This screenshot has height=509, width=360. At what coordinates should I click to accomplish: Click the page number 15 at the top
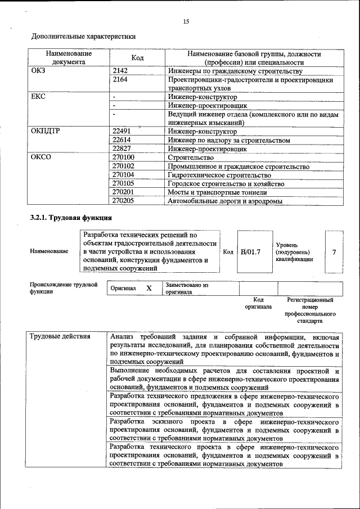186,21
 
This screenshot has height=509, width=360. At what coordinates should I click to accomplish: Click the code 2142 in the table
120,71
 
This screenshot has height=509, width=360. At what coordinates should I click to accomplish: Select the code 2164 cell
120,80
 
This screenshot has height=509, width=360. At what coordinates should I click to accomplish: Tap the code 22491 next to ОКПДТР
122,131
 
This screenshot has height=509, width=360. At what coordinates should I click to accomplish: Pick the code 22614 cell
122,140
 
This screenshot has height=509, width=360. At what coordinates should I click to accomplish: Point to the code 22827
122,149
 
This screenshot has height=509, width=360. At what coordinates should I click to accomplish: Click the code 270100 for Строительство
124,158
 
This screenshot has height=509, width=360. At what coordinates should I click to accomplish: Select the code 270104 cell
124,175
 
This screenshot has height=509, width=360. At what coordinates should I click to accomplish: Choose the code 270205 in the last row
124,201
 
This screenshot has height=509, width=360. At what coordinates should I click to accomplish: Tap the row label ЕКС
39,97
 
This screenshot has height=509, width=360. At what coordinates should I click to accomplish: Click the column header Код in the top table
137,58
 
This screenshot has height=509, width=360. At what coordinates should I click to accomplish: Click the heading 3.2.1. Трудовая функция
71,217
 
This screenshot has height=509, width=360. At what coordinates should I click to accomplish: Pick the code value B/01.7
250,252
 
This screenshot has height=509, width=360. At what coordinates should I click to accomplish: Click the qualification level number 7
334,252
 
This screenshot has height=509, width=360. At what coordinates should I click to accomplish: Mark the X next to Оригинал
149,288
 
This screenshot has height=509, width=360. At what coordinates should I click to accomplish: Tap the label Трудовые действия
60,337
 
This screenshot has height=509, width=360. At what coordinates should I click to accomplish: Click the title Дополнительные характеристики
83,37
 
